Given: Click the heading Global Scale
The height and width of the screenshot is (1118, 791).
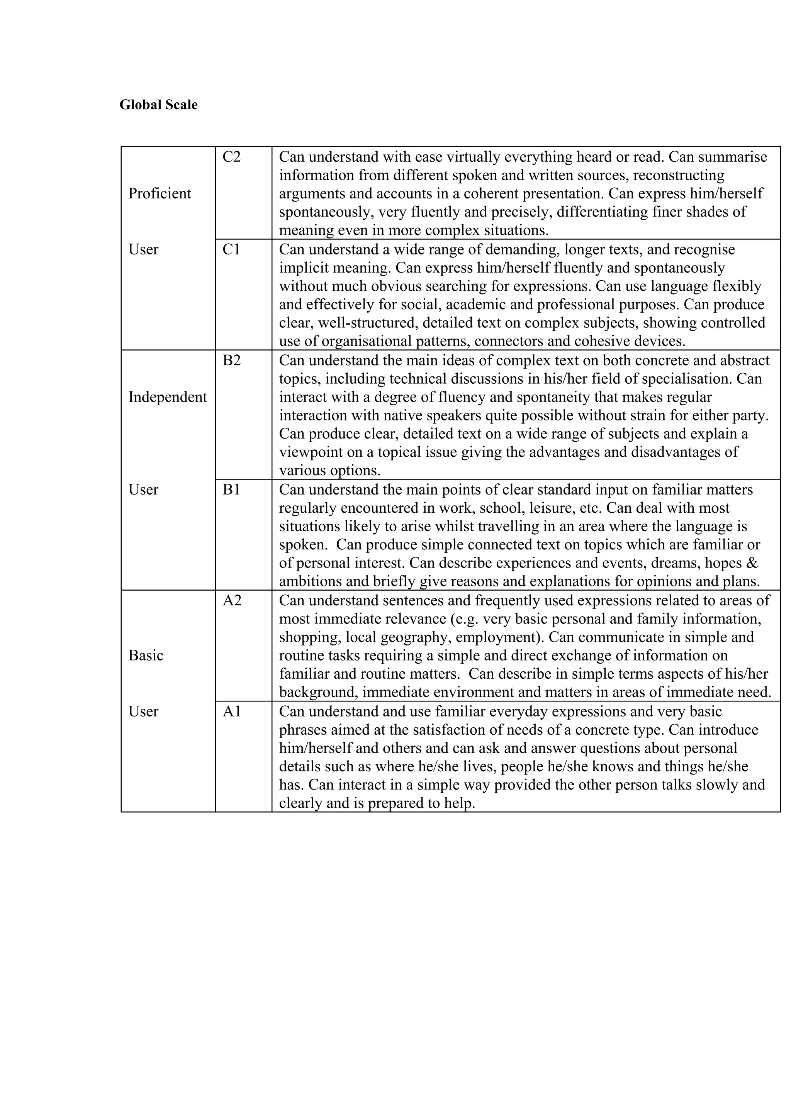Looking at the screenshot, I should point(158,105).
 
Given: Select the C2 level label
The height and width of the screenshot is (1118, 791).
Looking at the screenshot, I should point(231,157).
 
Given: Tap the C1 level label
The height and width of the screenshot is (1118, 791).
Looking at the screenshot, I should point(231,249).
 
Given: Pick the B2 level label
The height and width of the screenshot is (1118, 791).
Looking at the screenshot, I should point(231,360).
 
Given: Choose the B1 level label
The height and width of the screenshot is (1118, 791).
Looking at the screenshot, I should point(231,490).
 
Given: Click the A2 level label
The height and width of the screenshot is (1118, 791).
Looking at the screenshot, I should point(232,600).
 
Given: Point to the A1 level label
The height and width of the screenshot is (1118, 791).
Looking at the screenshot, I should point(232,711).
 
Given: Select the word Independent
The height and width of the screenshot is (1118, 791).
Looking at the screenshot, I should point(168,397).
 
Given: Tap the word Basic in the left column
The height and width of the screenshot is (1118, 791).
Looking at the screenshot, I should point(146,656).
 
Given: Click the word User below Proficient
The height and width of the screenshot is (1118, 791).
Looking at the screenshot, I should point(143,249).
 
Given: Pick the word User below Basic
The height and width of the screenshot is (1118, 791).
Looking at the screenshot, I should point(143,711).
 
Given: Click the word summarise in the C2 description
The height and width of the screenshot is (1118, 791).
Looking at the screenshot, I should point(735,157).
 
